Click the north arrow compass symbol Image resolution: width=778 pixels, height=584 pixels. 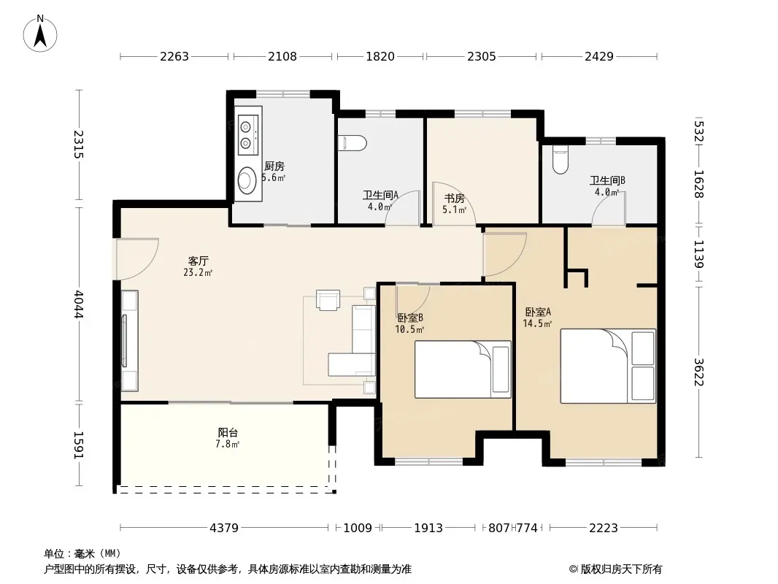(40, 33)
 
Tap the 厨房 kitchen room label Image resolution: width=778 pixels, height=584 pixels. (274, 166)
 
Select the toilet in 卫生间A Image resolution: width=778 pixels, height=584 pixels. (353, 143)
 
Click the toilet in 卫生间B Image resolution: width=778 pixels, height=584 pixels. (561, 159)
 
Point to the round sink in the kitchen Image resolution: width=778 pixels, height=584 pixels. (247, 180)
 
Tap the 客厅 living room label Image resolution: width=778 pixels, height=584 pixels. (198, 261)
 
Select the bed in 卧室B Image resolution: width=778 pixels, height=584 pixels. (463, 369)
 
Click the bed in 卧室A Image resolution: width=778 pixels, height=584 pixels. (608, 366)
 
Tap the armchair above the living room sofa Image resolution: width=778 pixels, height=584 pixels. (328, 300)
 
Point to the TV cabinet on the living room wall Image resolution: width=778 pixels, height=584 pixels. (129, 341)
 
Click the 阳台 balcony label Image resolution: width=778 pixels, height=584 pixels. (227, 432)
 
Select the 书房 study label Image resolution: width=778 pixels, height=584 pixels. (454, 199)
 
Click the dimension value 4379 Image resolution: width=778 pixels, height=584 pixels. (224, 528)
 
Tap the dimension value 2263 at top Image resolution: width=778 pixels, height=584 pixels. (174, 56)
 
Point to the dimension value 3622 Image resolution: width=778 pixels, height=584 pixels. (698, 372)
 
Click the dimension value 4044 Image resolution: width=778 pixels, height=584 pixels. (79, 304)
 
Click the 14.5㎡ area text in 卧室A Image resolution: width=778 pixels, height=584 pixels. (537, 324)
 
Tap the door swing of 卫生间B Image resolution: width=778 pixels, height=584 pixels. (608, 208)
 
